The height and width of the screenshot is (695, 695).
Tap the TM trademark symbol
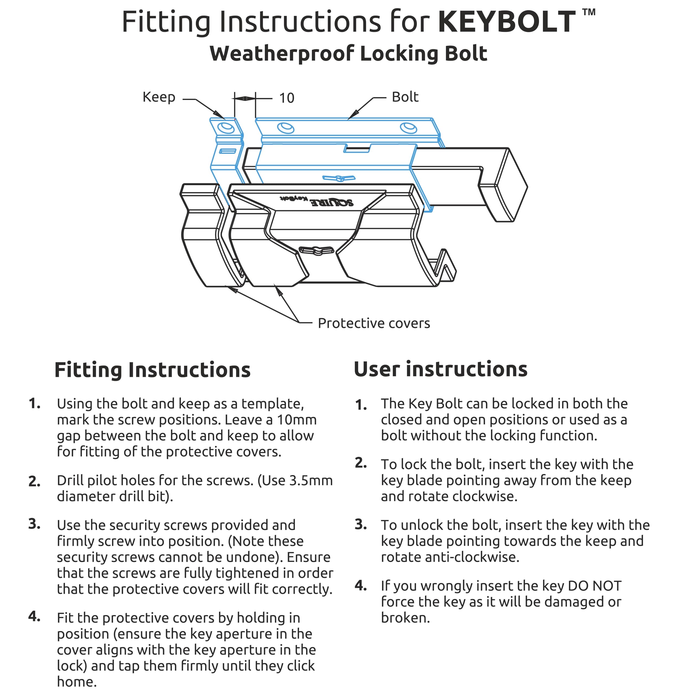[589, 12]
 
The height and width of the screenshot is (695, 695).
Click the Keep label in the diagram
[159, 97]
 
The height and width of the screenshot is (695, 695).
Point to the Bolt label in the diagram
[405, 97]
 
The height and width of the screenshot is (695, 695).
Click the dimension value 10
[287, 98]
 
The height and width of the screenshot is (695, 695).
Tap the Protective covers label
[374, 323]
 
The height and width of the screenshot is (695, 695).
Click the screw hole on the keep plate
[226, 128]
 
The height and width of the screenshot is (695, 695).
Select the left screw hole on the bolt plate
[286, 127]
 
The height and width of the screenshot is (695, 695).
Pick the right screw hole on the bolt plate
[408, 127]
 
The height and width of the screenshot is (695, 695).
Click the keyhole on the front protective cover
[317, 250]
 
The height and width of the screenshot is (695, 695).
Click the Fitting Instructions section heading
[153, 370]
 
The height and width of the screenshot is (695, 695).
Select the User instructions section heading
[440, 369]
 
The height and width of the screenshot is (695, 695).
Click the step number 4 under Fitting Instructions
[34, 616]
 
